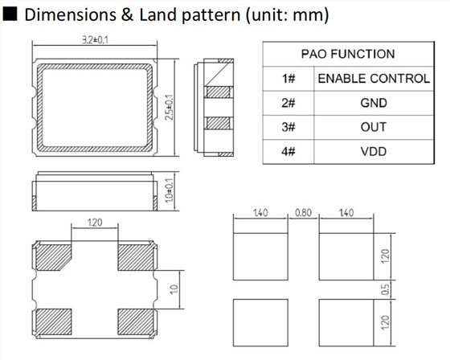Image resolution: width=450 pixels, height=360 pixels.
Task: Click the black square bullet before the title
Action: click(x=10, y=14)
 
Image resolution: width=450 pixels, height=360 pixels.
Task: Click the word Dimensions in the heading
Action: click(x=71, y=14)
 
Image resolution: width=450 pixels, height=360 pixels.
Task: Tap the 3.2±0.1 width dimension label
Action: click(x=96, y=40)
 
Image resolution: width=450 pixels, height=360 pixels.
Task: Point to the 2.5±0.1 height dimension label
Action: click(x=170, y=107)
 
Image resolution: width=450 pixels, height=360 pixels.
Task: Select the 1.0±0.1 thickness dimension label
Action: click(x=170, y=190)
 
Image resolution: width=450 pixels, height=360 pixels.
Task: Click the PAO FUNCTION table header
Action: click(x=348, y=54)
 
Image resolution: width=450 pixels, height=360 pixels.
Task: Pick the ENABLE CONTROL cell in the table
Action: click(x=374, y=79)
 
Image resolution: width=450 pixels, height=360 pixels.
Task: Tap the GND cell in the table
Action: click(x=374, y=103)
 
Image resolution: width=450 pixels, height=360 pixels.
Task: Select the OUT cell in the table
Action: click(x=374, y=127)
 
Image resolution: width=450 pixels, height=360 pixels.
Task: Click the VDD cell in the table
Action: click(x=374, y=151)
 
